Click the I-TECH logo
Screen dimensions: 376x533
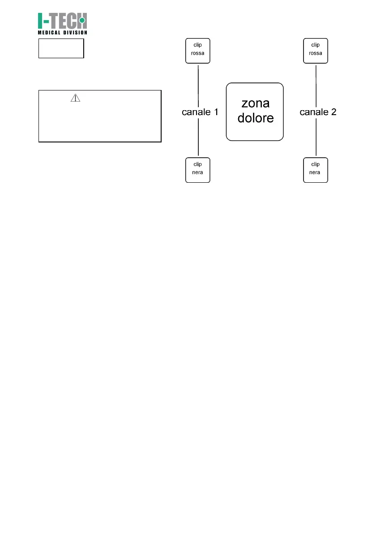62,21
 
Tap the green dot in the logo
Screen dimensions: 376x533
82,20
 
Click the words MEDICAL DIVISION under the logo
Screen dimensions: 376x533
62,32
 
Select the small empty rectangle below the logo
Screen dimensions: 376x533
61,48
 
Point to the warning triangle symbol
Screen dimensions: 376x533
75,98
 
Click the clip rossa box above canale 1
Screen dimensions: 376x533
198,51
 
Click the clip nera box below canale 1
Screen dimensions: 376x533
198,170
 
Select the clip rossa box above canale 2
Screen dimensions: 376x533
316,51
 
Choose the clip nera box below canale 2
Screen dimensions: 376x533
316,170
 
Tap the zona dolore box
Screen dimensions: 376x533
255,112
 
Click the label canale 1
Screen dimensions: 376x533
200,112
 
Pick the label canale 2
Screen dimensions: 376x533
318,112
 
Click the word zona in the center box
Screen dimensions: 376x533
255,103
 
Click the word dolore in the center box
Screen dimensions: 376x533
255,119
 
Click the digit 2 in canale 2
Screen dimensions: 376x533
333,112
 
